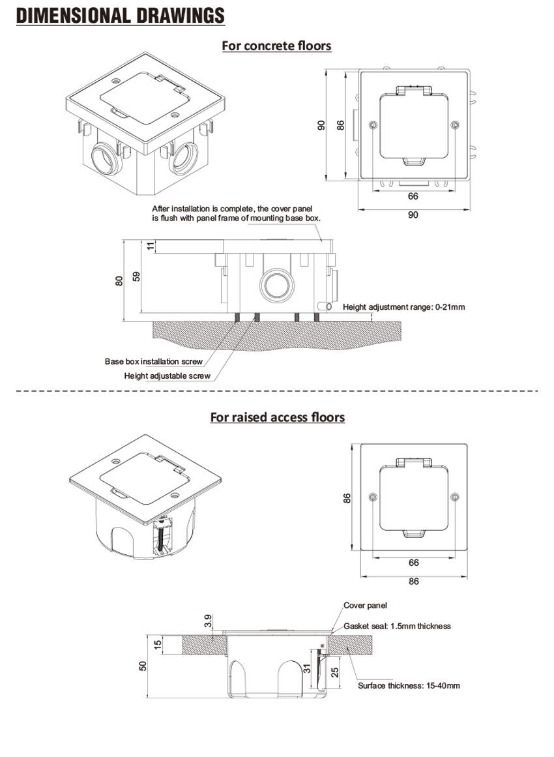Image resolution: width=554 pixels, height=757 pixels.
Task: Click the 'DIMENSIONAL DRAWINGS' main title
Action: click(120, 15)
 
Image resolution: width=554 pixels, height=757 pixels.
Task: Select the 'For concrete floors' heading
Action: click(276, 46)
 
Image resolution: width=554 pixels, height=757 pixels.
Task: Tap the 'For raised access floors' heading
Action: click(277, 417)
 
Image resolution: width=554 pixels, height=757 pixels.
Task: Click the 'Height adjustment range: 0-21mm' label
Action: click(404, 306)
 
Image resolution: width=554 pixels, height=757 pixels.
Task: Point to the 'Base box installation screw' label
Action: click(153, 361)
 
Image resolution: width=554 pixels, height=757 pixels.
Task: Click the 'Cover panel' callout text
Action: click(365, 605)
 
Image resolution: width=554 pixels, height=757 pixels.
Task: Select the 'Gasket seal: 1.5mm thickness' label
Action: click(397, 626)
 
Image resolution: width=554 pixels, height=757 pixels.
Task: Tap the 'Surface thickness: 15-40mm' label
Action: click(409, 685)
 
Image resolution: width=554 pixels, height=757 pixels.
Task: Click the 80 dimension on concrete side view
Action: click(119, 280)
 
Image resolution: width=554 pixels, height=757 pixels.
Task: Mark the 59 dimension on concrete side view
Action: click(136, 276)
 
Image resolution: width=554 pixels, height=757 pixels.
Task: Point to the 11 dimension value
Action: click(151, 246)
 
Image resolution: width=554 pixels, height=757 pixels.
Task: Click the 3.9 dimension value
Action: click(208, 621)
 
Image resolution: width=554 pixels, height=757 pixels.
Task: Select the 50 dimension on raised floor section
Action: click(143, 665)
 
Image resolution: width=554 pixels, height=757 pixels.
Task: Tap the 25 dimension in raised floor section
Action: click(335, 672)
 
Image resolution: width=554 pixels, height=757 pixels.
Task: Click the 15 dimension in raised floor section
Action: click(157, 644)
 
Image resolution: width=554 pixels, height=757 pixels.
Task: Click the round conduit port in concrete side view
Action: click(274, 285)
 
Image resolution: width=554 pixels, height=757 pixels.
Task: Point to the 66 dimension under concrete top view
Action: click(413, 196)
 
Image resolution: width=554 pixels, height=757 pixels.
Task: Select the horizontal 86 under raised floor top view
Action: click(413, 581)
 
